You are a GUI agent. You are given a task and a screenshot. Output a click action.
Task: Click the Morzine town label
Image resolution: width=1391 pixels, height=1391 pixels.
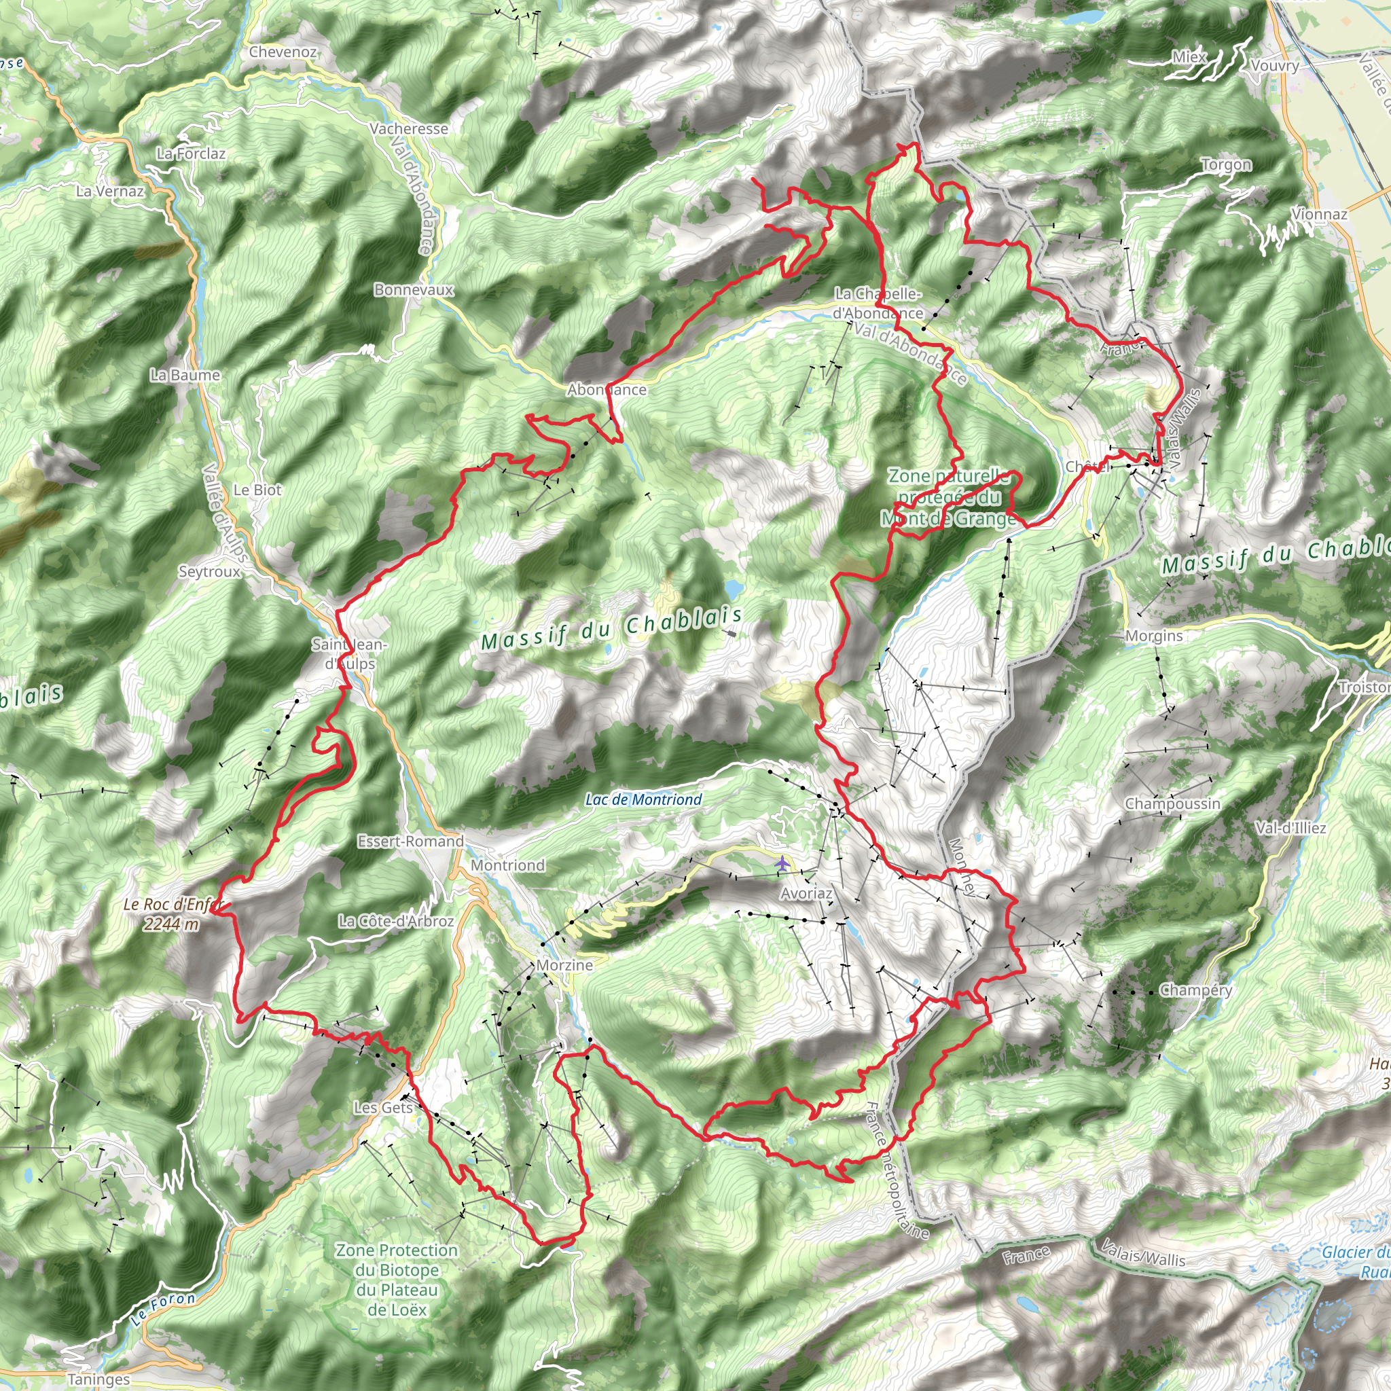point(564,964)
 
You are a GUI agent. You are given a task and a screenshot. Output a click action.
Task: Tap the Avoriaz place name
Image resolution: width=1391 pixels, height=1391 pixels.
point(806,894)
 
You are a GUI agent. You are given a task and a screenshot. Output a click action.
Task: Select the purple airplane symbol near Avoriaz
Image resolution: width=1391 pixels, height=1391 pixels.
point(782,863)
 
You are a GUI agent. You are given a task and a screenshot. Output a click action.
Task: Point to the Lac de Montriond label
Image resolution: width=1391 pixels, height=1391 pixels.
point(643,799)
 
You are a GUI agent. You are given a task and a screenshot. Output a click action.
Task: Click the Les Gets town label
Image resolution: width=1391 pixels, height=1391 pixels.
point(383,1107)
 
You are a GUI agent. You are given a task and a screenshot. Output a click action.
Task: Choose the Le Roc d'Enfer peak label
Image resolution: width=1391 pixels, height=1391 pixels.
point(173,914)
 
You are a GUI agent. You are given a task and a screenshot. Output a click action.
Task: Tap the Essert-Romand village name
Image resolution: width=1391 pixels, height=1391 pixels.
point(410,841)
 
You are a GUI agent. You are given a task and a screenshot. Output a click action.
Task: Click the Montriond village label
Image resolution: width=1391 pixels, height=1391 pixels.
point(507,865)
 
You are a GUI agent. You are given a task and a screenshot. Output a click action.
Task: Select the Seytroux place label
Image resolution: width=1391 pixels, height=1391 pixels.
point(209,571)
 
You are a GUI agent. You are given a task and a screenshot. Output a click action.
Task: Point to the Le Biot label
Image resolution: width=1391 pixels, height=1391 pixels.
point(257,490)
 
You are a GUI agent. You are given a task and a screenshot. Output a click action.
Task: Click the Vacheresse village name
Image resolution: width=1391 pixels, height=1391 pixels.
point(409,128)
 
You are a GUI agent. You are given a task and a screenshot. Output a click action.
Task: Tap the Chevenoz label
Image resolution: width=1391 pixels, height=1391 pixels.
point(283,52)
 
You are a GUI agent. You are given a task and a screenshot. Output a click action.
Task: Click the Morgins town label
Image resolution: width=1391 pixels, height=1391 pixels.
point(1153,636)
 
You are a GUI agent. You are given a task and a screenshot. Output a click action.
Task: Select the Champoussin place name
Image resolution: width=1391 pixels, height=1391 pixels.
point(1172,803)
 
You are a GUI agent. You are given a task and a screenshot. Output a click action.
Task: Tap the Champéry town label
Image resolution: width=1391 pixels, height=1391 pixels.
point(1196,990)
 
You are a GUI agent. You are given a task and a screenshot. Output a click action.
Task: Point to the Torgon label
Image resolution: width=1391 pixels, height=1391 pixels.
point(1226,165)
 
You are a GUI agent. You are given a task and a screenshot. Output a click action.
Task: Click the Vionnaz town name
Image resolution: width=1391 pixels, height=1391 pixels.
point(1319,214)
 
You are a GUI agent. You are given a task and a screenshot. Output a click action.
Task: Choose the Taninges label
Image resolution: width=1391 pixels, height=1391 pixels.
point(98,1379)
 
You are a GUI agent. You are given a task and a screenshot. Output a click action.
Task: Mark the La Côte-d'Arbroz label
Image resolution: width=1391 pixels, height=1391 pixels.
point(396,921)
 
